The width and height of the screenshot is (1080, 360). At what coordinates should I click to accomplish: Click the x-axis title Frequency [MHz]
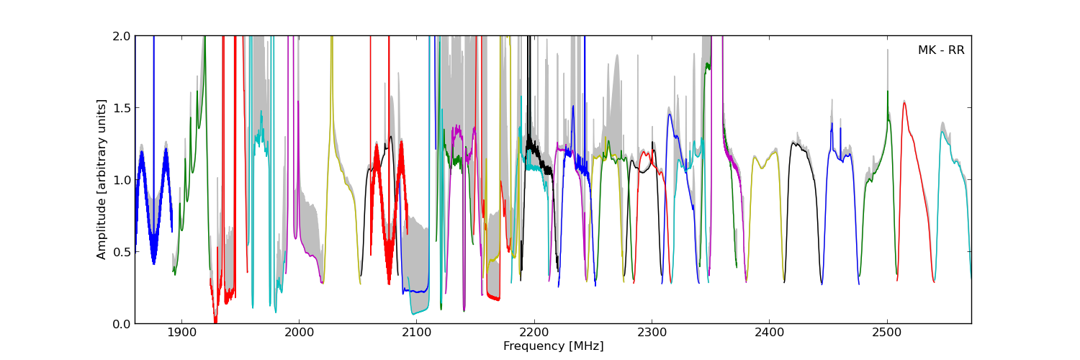pyautogui.click(x=553, y=346)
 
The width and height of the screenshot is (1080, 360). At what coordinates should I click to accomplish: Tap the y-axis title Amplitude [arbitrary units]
pyautogui.click(x=102, y=179)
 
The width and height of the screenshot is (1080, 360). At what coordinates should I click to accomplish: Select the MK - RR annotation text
pyautogui.click(x=940, y=50)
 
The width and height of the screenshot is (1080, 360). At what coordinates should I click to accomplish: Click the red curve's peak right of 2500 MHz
pyautogui.click(x=904, y=103)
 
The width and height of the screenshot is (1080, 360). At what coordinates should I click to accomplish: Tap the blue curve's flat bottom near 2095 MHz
pyautogui.click(x=414, y=291)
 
